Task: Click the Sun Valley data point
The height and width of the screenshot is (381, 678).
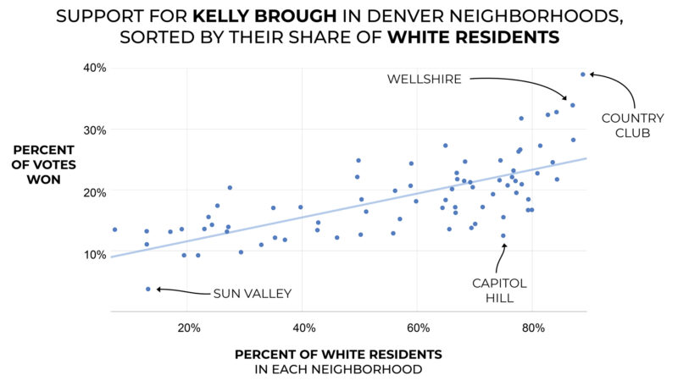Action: (147, 289)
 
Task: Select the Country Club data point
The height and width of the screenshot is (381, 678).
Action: (583, 75)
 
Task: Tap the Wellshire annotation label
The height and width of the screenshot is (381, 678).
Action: (425, 79)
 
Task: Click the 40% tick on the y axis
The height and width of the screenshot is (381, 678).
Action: (94, 68)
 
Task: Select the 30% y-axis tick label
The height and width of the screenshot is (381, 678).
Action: (94, 130)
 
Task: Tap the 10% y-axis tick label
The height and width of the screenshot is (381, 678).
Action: (94, 254)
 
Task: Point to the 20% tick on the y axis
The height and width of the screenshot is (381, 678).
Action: (94, 192)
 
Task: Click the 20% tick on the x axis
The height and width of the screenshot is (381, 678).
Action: (188, 327)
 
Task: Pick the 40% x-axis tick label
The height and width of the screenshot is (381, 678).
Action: (303, 327)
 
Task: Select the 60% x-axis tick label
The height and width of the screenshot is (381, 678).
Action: (418, 327)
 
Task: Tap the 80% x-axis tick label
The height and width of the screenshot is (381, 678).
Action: (532, 327)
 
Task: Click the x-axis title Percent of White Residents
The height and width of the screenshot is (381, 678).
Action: (338, 353)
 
